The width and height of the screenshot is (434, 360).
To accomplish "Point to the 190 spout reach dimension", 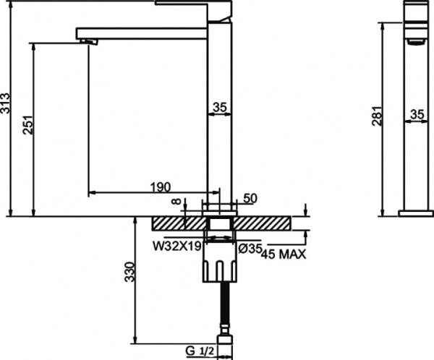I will click(x=160, y=187).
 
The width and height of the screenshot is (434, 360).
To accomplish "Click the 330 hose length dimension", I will click(x=129, y=272).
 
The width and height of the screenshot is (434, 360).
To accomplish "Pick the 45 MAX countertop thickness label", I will click(x=283, y=254).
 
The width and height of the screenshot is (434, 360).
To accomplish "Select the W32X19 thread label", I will click(x=176, y=247).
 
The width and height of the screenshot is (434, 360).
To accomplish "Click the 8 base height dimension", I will click(x=174, y=205).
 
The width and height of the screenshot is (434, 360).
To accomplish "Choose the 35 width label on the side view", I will click(x=417, y=114).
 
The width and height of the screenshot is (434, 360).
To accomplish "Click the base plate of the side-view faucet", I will click(x=417, y=213).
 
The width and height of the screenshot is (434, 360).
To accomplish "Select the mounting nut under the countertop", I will click(x=222, y=264).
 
